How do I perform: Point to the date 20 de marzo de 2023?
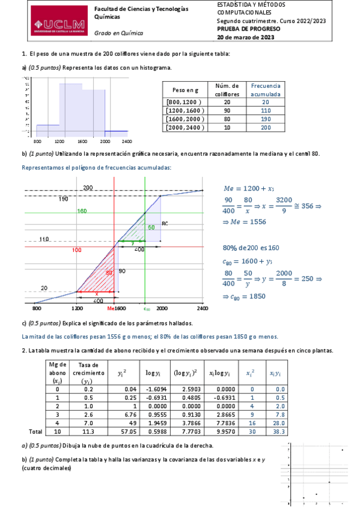[x=245, y=37]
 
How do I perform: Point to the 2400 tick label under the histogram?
[x=126, y=141]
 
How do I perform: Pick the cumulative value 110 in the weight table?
[x=265, y=111]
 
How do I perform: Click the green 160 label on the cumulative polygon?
[x=82, y=211]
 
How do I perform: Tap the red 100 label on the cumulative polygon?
[x=77, y=249]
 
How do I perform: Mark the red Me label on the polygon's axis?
[x=111, y=308]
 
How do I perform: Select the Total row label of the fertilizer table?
[x=36, y=431]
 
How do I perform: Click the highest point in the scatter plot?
[x=342, y=449]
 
